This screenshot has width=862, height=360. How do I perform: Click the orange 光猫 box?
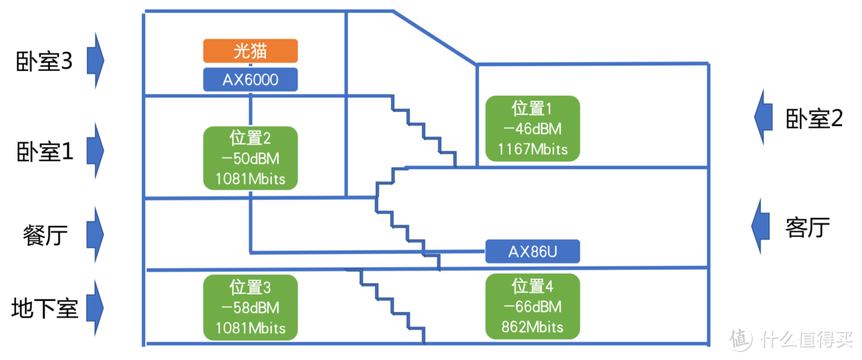(250, 51)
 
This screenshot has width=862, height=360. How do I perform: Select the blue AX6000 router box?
(250, 79)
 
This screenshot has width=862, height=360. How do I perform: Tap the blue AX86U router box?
(532, 251)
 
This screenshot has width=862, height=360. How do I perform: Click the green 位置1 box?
(532, 129)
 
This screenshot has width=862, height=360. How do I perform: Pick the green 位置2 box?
(250, 158)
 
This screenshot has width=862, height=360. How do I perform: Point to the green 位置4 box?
(532, 307)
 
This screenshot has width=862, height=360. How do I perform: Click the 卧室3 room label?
(45, 62)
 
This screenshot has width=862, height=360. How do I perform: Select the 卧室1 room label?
(45, 152)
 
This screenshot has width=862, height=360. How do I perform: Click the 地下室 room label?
(45, 308)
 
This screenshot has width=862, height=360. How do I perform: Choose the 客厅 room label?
(808, 227)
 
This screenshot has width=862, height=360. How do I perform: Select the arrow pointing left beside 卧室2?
(765, 118)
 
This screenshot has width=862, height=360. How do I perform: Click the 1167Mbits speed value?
(532, 148)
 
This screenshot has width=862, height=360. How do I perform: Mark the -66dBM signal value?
(532, 307)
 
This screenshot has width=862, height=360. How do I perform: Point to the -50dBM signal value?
(250, 158)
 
